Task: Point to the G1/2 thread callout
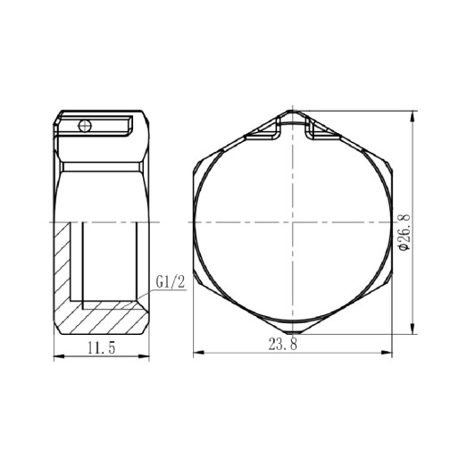click(x=169, y=282)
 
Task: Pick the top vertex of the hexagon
click(x=294, y=112)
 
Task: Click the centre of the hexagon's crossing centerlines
click(x=294, y=221)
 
